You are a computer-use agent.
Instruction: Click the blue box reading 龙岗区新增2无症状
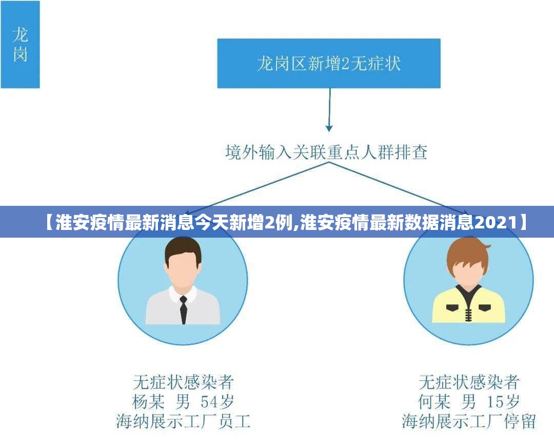(x=328, y=63)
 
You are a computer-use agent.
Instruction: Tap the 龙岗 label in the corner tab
(x=20, y=44)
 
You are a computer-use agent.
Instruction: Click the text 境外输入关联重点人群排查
(x=327, y=152)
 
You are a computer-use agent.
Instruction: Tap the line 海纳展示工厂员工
(x=183, y=421)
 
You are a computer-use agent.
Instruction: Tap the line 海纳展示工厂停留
(x=469, y=421)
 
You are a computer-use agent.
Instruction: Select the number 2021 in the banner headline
(x=496, y=222)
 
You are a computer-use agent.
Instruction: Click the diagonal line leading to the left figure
(x=256, y=185)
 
